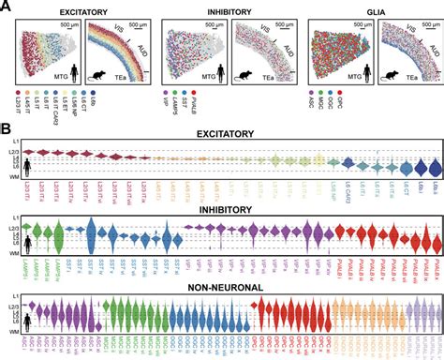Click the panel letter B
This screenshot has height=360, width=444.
click(7, 123)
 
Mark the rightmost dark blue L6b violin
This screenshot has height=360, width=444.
click(433, 166)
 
